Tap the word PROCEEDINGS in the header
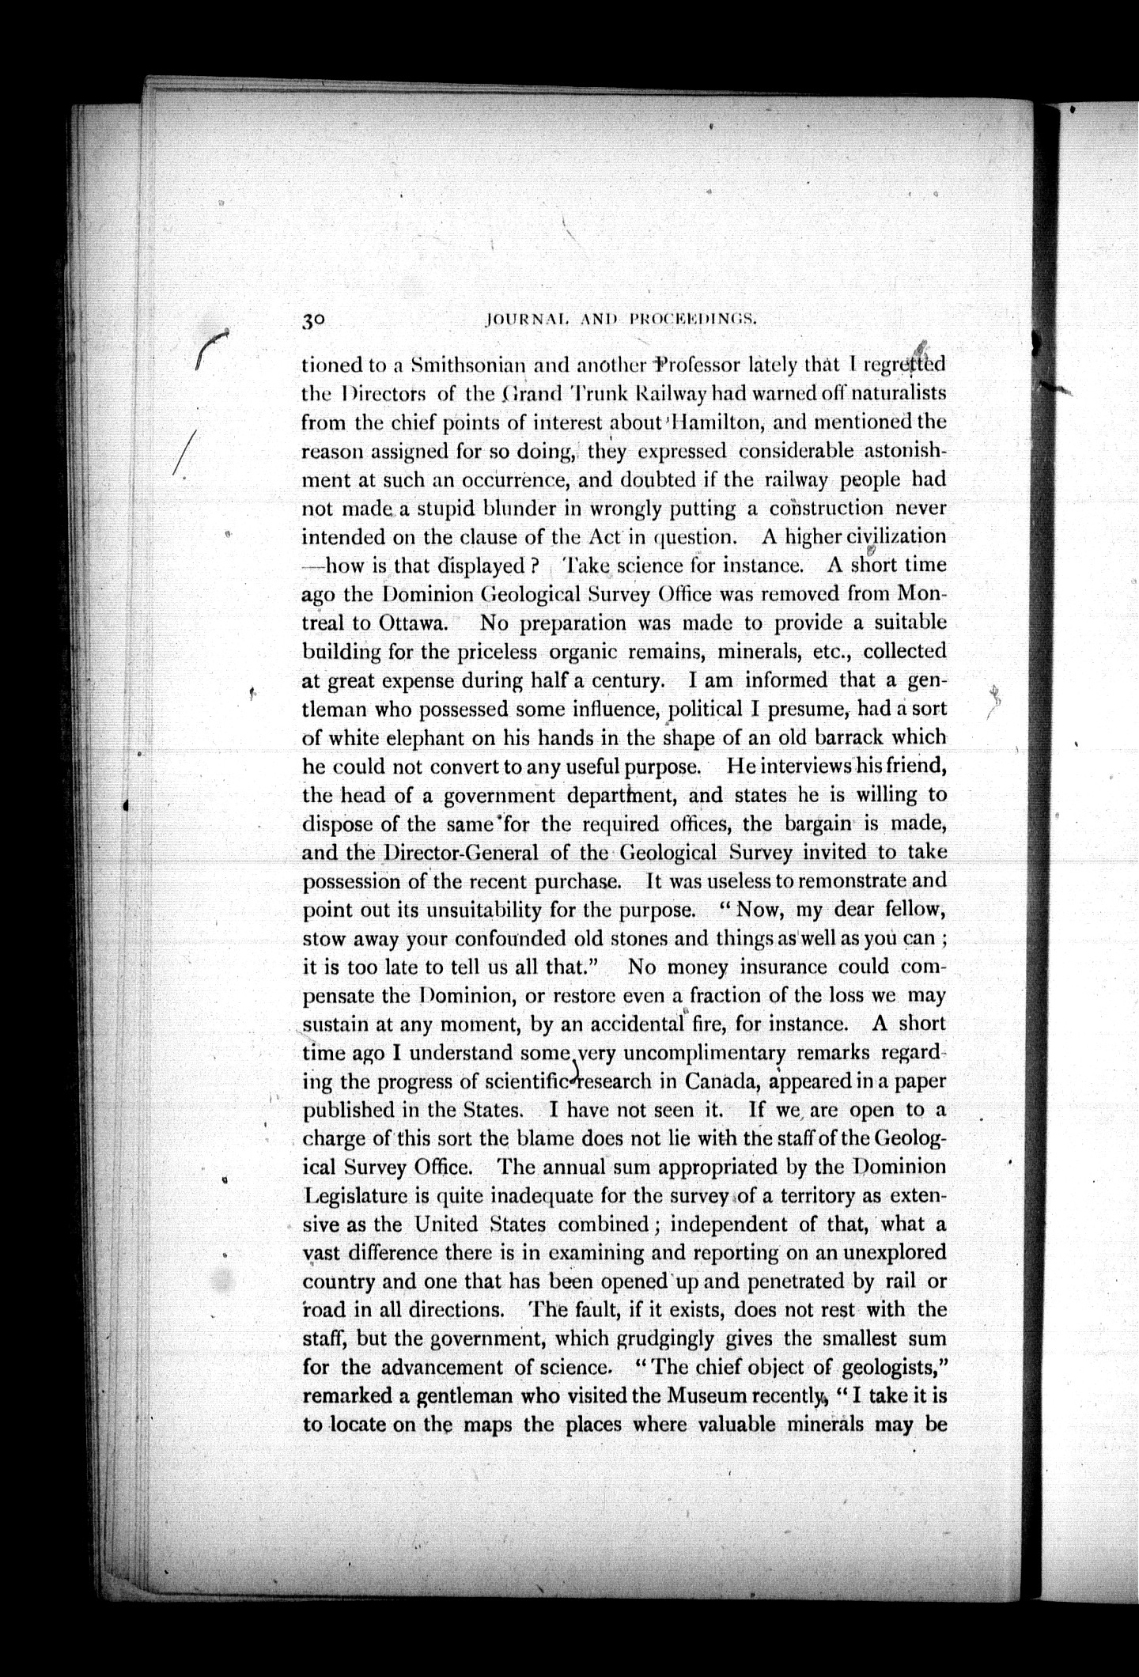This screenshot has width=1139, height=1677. [694, 320]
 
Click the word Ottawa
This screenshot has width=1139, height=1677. [413, 622]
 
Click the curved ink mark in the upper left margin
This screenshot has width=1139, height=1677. [210, 346]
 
